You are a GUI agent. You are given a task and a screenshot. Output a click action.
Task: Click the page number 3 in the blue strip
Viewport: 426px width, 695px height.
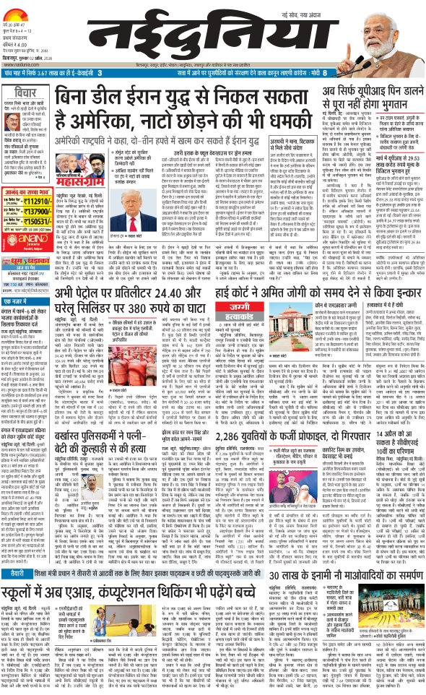[100, 73]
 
